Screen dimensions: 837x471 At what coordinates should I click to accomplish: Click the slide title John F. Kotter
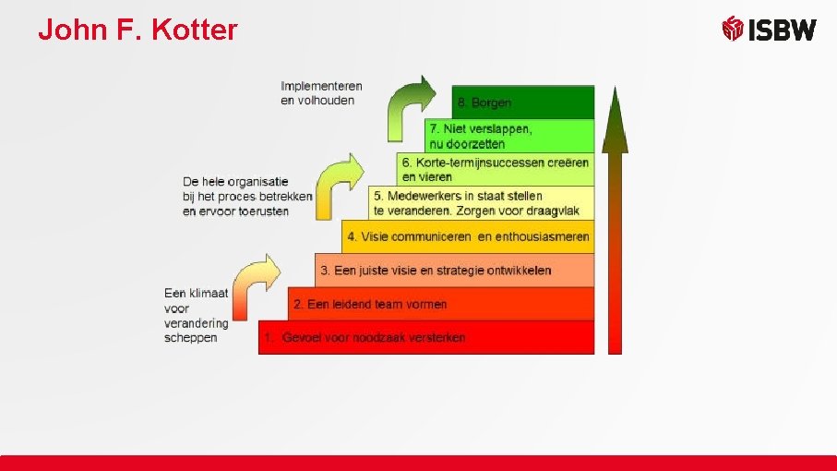tap(138, 30)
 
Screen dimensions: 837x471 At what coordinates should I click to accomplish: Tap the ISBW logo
tap(769, 30)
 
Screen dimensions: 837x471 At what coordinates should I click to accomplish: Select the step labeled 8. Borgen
tap(522, 103)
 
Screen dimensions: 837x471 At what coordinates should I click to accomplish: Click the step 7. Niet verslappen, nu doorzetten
tap(508, 136)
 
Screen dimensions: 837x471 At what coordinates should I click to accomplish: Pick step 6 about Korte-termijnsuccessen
tap(496, 169)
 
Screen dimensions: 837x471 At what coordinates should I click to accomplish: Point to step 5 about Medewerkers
tap(481, 202)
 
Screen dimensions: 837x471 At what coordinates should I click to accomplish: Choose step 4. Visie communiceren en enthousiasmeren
tap(468, 236)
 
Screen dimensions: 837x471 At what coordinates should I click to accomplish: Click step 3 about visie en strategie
tap(454, 270)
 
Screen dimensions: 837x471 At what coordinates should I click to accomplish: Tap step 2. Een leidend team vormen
tap(440, 303)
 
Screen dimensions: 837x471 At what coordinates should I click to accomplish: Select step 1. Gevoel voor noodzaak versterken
tap(425, 337)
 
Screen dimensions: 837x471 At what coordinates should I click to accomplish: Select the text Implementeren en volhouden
tap(321, 93)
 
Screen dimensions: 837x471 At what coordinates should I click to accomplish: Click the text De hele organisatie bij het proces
tap(247, 196)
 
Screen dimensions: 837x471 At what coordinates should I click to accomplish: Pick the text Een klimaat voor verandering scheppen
tap(196, 315)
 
